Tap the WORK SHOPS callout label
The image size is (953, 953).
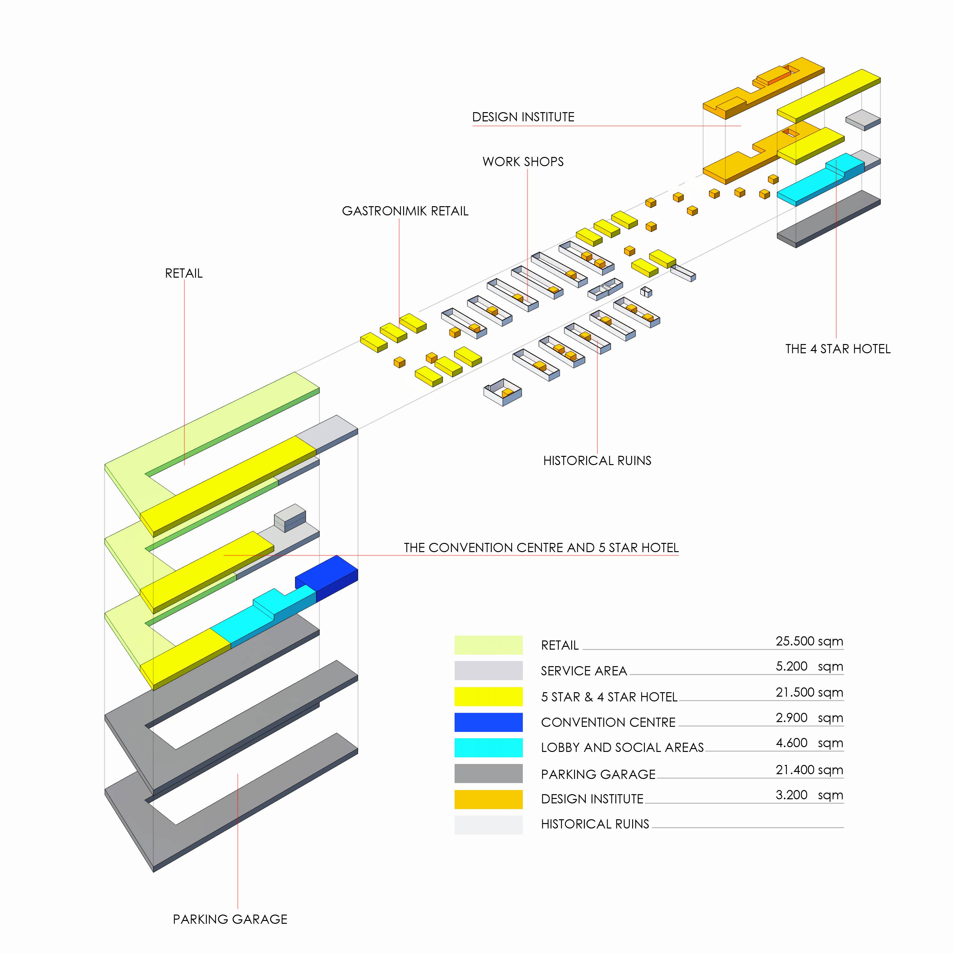pos(523,162)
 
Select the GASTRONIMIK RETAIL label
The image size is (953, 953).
pos(405,211)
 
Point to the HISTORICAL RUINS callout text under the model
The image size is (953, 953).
pos(597,461)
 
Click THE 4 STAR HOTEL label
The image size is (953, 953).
pos(838,349)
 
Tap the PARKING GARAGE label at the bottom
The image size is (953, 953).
pos(230,919)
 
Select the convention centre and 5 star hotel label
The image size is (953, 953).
pos(541,548)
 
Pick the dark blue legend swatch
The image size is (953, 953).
pos(488,722)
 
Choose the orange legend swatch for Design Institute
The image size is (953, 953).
pos(488,799)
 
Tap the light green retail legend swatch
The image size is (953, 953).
pos(488,645)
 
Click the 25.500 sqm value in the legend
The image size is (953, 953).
pos(809,641)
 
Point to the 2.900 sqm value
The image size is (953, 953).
pos(809,718)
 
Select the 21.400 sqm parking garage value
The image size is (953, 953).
pos(809,770)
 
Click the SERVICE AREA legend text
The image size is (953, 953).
pos(584,671)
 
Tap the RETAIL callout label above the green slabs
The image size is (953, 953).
pos(184,273)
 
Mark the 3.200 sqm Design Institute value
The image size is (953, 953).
pos(809,795)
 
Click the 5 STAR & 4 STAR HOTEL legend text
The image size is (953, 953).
pos(609,697)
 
